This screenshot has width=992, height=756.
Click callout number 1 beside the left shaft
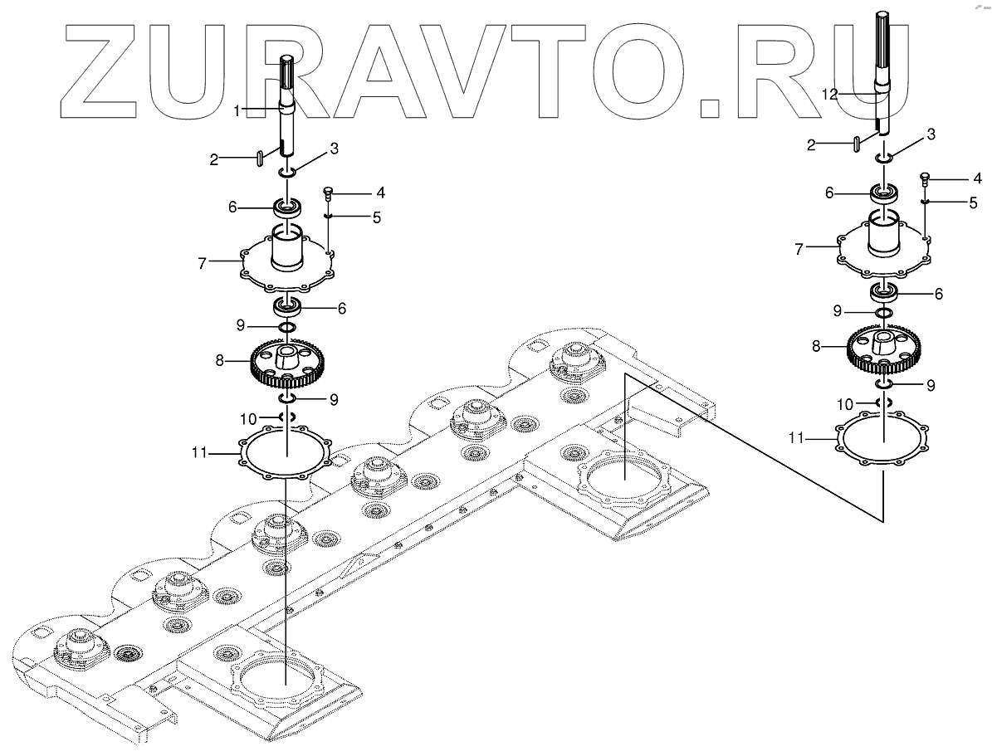(237, 110)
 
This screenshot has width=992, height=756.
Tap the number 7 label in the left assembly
(202, 263)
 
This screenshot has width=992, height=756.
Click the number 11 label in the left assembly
(199, 453)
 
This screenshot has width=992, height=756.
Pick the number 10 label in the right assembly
(845, 404)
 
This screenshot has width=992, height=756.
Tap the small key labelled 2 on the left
(261, 157)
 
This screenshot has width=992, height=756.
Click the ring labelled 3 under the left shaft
(288, 172)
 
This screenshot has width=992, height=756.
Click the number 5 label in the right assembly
(972, 202)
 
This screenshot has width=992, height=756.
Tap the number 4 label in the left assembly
(357, 193)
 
